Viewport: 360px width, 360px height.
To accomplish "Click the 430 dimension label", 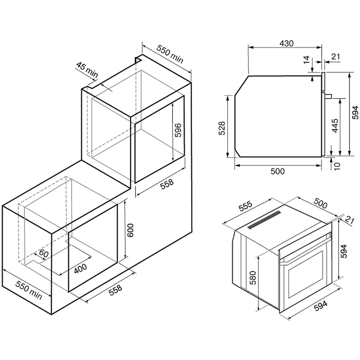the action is [x=286, y=43].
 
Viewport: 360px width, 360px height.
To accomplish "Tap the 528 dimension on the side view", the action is [x=222, y=128].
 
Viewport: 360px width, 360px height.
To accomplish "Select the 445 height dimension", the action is [x=335, y=125].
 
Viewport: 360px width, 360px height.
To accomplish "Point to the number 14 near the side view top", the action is [x=306, y=60].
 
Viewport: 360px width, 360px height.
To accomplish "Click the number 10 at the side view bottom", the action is [x=337, y=166].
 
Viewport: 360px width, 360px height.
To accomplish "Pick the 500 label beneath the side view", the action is [x=277, y=171].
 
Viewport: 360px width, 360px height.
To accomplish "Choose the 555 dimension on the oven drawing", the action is [x=245, y=206].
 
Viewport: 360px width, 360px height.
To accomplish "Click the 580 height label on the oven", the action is [x=252, y=277].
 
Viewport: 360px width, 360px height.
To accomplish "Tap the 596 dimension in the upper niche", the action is [x=178, y=130].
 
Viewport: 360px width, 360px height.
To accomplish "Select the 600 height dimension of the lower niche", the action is [x=130, y=230].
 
